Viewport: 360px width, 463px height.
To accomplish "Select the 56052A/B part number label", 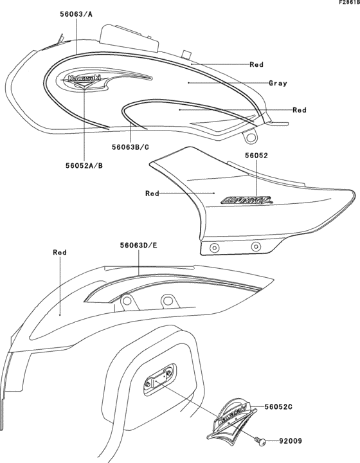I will click(x=84, y=165).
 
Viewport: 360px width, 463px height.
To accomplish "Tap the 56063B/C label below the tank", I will click(x=130, y=147).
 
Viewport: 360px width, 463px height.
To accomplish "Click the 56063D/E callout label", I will click(x=139, y=245).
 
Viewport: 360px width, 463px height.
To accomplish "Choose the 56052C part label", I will click(x=278, y=407).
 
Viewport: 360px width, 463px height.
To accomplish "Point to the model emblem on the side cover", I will click(x=247, y=200).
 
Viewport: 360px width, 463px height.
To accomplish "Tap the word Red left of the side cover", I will click(x=152, y=193).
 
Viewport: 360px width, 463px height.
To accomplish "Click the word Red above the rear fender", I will click(x=59, y=253).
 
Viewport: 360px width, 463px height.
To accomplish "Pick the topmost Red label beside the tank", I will click(x=256, y=64).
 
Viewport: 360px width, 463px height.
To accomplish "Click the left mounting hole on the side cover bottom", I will click(x=214, y=248).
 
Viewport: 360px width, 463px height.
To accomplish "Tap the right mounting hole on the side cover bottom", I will click(x=256, y=245).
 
